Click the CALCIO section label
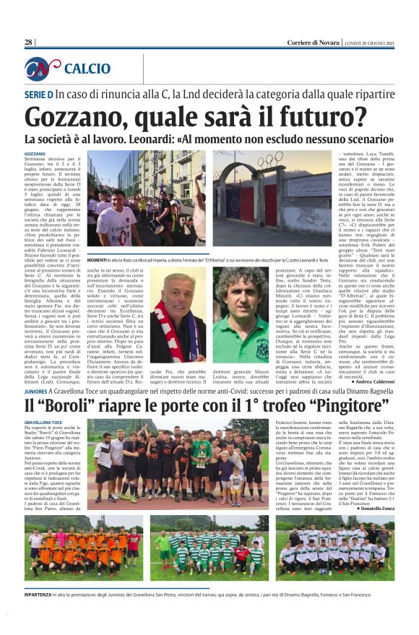click(x=87, y=69)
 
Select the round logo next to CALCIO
click(x=42, y=69)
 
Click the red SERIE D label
click(x=39, y=95)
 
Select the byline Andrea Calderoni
click(x=370, y=381)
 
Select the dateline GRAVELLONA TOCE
click(x=45, y=422)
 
